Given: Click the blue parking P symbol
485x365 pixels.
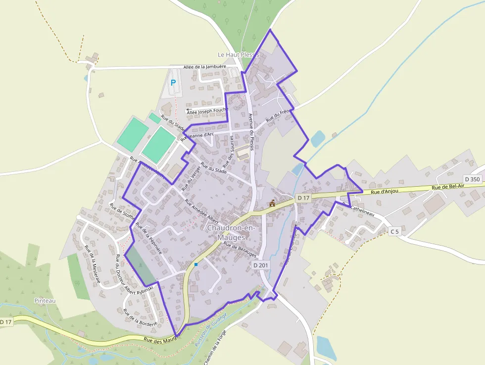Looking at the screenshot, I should tap(173, 83).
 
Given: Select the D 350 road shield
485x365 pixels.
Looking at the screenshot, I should tap(473, 179).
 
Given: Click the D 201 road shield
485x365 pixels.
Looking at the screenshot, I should tap(260, 265).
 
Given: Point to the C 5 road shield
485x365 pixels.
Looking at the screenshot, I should tap(394, 231).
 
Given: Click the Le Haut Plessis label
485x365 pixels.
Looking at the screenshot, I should tap(239, 54).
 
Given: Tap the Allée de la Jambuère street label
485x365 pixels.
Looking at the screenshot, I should tap(204, 67).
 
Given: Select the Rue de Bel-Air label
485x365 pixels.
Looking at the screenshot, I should tap(448, 187).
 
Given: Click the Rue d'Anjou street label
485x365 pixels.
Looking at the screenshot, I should tap(384, 191).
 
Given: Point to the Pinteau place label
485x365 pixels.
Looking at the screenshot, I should tap(45, 301).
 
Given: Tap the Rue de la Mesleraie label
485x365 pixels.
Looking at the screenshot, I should tap(93, 264).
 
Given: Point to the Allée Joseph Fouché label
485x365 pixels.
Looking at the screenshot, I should tap(207, 111).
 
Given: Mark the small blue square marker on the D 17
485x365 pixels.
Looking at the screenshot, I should tap(196, 264).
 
